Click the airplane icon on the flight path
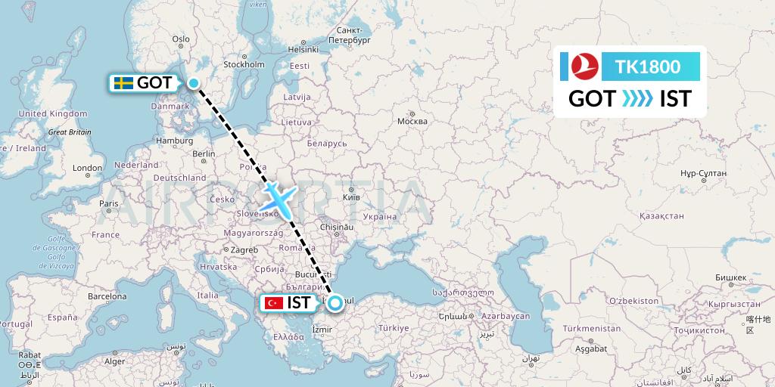click(x=277, y=198)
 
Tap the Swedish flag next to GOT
click(x=122, y=83)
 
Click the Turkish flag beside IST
click(x=272, y=303)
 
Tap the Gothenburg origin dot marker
click(x=195, y=84)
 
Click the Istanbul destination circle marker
click(x=335, y=303)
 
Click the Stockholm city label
click(x=243, y=64)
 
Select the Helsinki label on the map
click(x=303, y=49)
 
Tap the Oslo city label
click(x=181, y=39)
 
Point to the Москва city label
click(x=412, y=121)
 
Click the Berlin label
click(x=204, y=153)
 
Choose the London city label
click(x=87, y=168)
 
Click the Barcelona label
click(x=106, y=296)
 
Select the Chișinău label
click(x=337, y=226)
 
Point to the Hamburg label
click(x=171, y=141)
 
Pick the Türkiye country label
click(x=393, y=328)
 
